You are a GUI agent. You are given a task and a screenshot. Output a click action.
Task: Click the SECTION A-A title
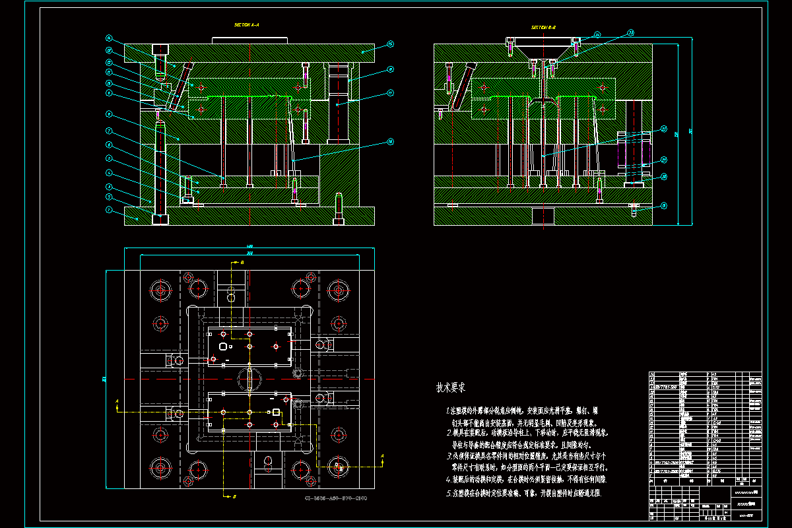tap(247, 25)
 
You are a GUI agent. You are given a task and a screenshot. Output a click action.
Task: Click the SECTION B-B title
tap(544, 28)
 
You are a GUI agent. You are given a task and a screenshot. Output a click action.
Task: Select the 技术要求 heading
tap(451, 387)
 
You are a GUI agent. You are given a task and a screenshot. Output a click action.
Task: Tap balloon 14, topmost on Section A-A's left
tap(110, 38)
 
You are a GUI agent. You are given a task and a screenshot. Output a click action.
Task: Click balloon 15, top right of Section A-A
tap(390, 44)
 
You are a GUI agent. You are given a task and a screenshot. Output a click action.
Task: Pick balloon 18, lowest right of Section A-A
tap(390, 141)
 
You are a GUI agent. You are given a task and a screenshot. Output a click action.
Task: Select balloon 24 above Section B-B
tap(597, 34)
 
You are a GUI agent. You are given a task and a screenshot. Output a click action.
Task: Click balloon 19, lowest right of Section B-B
tap(664, 205)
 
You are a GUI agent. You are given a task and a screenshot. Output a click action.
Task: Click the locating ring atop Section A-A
tap(249, 40)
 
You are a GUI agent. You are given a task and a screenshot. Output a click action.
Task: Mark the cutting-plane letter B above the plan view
tap(242, 263)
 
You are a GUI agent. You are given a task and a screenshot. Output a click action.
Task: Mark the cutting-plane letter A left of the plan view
tap(117, 401)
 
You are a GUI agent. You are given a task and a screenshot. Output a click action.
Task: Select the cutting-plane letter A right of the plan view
tap(382, 456)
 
